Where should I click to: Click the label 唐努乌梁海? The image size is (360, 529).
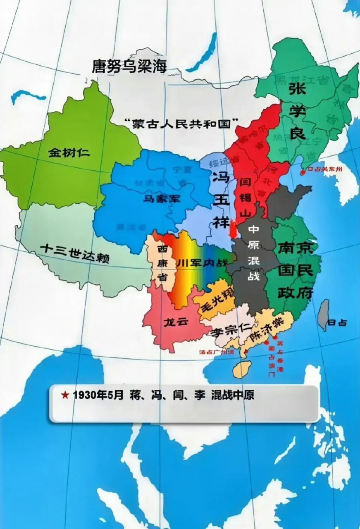coord(129,66)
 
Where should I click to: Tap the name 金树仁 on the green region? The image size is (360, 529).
coord(69,153)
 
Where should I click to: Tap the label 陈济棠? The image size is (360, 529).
coord(268,329)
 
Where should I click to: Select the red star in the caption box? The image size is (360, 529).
coord(65,395)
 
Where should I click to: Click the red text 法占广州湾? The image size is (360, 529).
coord(217,352)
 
